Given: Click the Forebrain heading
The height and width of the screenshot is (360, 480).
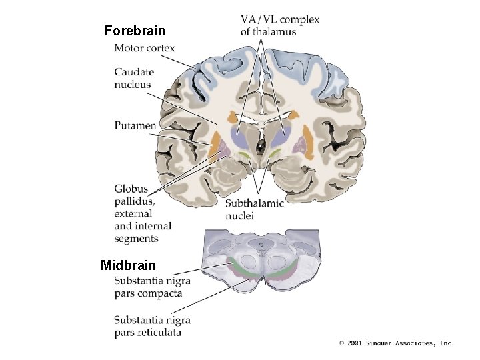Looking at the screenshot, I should [135, 31].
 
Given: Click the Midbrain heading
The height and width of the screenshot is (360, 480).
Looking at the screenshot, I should [128, 265].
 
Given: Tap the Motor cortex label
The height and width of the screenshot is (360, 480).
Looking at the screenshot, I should [145, 48].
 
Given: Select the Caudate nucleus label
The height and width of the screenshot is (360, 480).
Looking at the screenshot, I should [133, 78].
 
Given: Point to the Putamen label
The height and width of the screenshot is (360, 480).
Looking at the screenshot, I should [135, 125].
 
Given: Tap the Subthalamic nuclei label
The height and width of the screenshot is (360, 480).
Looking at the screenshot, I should [254, 209].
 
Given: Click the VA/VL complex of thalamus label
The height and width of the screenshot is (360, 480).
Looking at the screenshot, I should [279, 25].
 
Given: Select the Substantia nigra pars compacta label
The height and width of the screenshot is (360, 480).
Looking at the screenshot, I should [152, 287].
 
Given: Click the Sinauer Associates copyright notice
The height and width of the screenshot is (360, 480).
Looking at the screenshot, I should [397, 343].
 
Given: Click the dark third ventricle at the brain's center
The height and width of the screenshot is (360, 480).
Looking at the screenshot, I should [261, 143].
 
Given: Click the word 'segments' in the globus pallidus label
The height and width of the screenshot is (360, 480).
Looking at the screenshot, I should [136, 238].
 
